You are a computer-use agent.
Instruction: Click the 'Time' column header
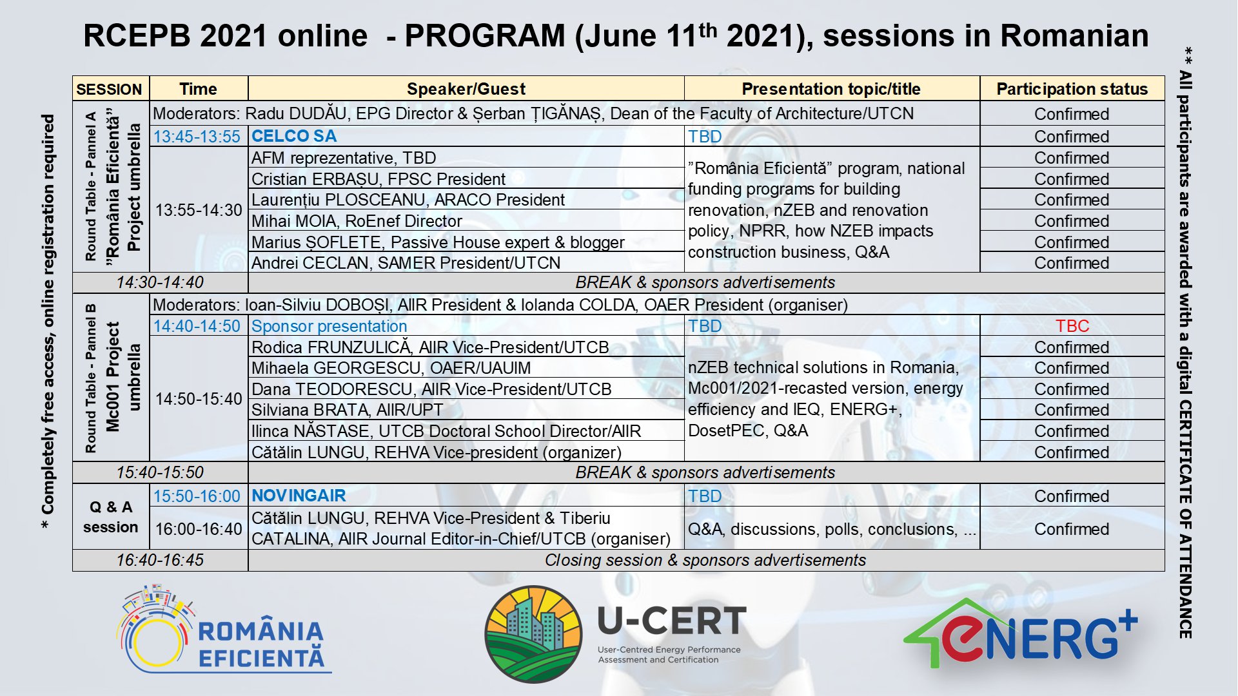pyautogui.click(x=198, y=89)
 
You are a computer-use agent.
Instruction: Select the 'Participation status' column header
pyautogui.click(x=1072, y=89)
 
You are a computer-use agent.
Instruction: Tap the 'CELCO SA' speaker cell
pyautogui.click(x=294, y=136)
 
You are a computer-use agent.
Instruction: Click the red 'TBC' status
pyautogui.click(x=1072, y=326)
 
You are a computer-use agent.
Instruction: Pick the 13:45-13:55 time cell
pyautogui.click(x=197, y=137)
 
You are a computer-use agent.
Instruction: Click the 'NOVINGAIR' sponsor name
pyautogui.click(x=299, y=496)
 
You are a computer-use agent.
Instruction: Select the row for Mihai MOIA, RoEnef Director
pyautogui.click(x=357, y=221)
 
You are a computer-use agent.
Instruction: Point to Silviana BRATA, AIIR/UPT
pyautogui.click(x=347, y=410)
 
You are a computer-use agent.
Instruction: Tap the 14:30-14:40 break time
pyautogui.click(x=160, y=282)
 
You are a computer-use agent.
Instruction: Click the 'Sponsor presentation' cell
pyautogui.click(x=329, y=326)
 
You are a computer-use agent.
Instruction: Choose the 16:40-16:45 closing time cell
pyautogui.click(x=160, y=560)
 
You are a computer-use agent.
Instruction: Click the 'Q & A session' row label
pyautogui.click(x=110, y=517)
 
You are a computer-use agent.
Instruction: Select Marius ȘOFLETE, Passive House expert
pyautogui.click(x=438, y=242)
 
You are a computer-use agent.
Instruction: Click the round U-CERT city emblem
pyautogui.click(x=533, y=634)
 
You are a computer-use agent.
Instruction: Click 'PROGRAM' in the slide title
pyautogui.click(x=484, y=35)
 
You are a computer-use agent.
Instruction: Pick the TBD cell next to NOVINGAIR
pyautogui.click(x=705, y=496)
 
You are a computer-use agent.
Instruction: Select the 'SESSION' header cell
pyautogui.click(x=109, y=89)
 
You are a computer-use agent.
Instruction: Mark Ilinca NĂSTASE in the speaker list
pyautogui.click(x=446, y=431)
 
